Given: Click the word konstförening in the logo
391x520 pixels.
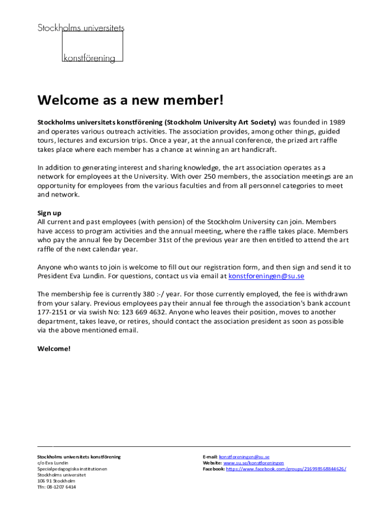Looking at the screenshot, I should click(89, 58).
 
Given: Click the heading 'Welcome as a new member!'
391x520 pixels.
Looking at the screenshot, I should click(131, 101).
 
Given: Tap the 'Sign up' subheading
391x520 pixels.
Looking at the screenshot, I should click(49, 213).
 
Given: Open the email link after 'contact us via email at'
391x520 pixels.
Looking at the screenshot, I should click(266, 276).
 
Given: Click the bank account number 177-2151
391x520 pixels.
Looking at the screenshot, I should click(53, 312).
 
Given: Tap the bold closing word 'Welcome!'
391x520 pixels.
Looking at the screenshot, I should click(54, 349).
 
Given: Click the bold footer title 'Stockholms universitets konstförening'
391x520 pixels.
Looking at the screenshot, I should click(79, 457).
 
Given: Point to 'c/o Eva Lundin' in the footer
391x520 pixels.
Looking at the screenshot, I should click(53, 463).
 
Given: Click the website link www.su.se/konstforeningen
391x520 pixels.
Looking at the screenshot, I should click(253, 463).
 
